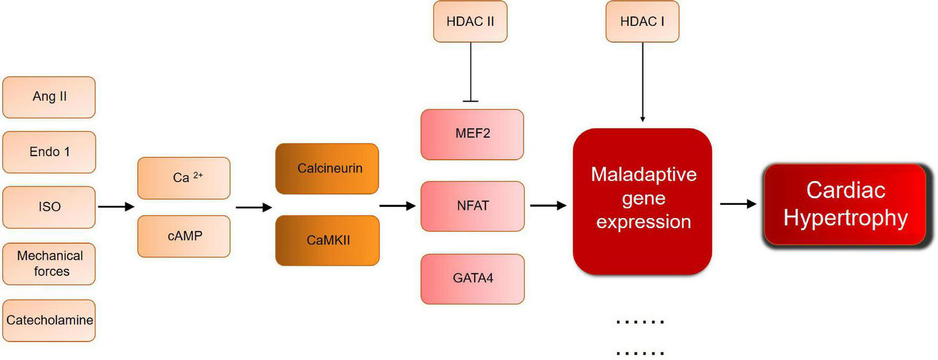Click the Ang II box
[x=49, y=97]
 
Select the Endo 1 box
[x=49, y=152]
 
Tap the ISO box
[x=49, y=207]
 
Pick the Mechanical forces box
[x=49, y=264]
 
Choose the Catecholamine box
[x=49, y=320]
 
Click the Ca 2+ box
[x=184, y=178]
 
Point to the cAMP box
[x=184, y=236]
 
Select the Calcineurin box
[x=327, y=168]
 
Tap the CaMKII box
[x=327, y=240]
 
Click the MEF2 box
[x=472, y=134]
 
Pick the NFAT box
[x=472, y=206]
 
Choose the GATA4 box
[x=472, y=278]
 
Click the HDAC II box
[x=470, y=22]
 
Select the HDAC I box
[x=642, y=22]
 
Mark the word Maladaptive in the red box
[x=644, y=174]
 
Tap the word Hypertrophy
[x=845, y=218]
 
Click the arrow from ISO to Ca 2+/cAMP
[x=116, y=206]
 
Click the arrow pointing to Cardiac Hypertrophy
[x=738, y=204]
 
